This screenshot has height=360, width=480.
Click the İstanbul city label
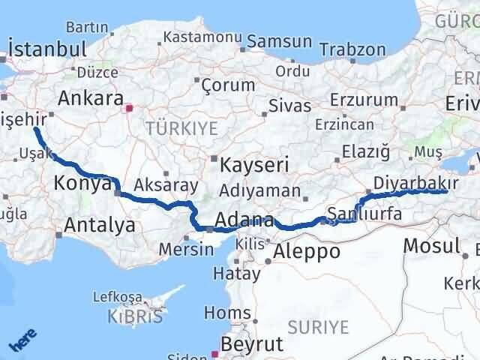coord(46,51)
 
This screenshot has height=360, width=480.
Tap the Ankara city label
coord(91,98)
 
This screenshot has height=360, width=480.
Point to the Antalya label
coord(100,223)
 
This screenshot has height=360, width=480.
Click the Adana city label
coord(244,220)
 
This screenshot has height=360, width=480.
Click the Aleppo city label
coord(307,251)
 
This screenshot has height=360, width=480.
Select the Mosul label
coord(430,245)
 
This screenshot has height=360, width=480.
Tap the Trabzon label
coord(352,49)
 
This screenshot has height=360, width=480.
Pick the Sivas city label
coord(289,105)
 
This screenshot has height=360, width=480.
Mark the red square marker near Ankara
coord(130,107)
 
